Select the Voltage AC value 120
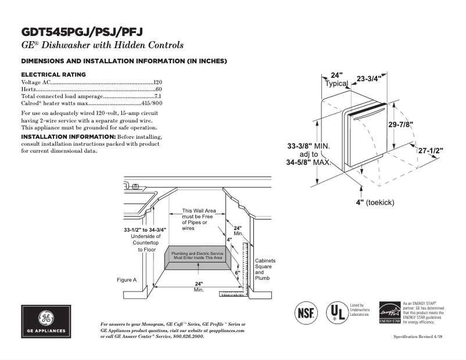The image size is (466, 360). coord(157,82)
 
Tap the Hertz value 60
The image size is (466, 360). coord(159,89)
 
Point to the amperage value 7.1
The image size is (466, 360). coord(157,96)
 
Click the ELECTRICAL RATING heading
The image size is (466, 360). coord(53,74)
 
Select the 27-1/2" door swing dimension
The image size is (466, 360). coord(431,151)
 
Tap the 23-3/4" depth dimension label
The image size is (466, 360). coord(369,79)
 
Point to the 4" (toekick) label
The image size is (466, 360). coord(375,202)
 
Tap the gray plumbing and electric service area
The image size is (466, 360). coord(196,256)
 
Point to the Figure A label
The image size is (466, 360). coord(127,280)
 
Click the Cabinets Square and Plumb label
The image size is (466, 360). coord(265,269)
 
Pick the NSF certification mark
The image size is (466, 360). coord(307,312)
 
